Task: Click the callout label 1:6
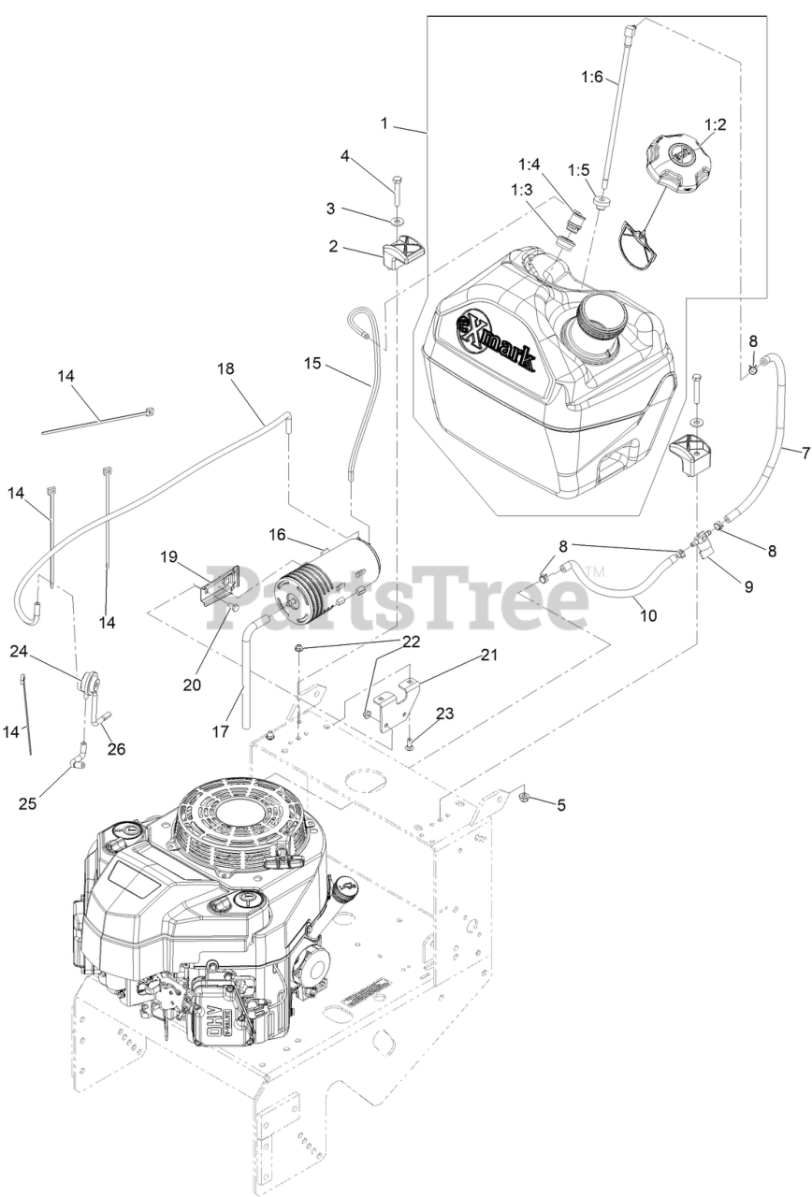[x=592, y=77]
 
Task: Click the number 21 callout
[x=489, y=655]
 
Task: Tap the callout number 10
[x=648, y=616]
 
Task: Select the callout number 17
[x=220, y=732]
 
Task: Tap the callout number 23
[x=444, y=714]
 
